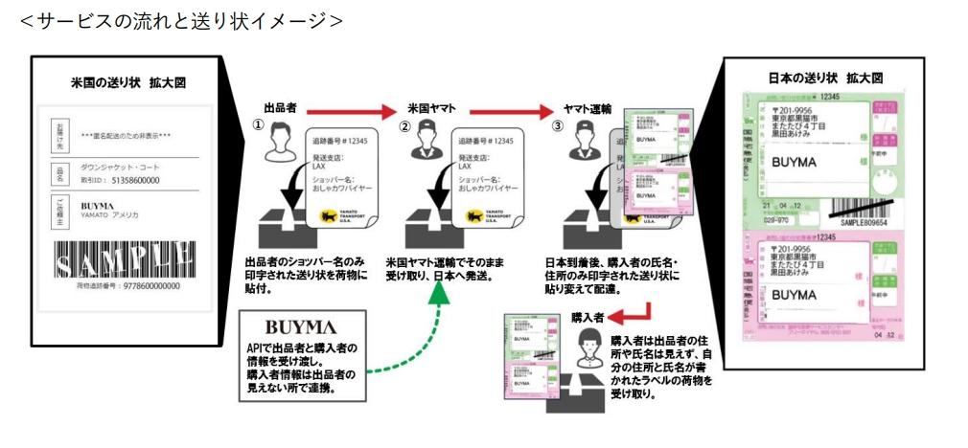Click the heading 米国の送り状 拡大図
point(118,83)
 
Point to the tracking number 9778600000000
point(133,284)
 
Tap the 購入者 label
point(586,317)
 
